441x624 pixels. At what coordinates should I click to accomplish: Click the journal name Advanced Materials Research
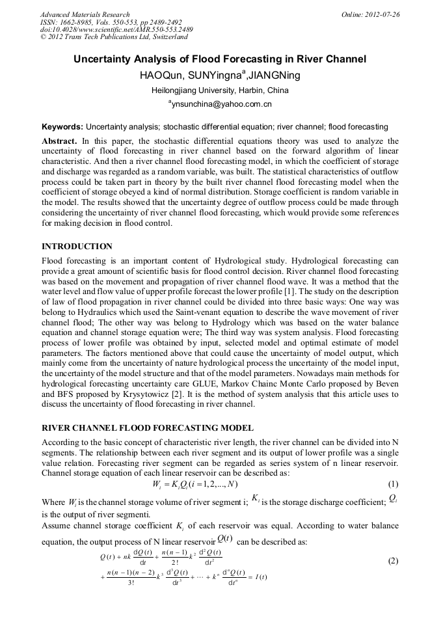point(85,14)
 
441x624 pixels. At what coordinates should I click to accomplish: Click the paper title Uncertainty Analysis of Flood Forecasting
point(220,59)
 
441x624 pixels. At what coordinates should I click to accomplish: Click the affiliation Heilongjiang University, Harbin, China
point(220,90)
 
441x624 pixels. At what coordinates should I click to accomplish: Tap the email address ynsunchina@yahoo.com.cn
point(221,104)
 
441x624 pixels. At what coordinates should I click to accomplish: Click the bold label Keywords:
point(62,127)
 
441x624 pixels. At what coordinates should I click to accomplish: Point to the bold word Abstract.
point(59,141)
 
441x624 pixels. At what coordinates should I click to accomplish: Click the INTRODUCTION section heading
point(77,247)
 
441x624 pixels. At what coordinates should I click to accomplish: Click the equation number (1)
point(393,484)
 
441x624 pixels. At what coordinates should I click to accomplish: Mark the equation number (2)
point(393,560)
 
